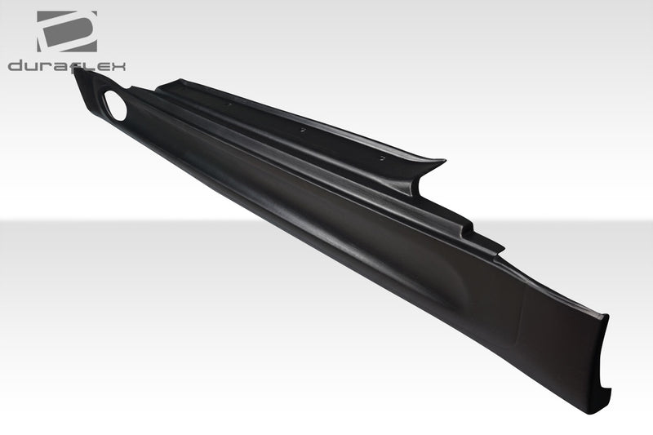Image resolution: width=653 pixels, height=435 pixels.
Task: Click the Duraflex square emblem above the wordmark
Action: [x=66, y=31]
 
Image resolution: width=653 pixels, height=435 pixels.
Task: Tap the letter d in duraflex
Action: [x=16, y=65]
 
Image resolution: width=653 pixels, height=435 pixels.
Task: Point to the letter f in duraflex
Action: [x=81, y=65]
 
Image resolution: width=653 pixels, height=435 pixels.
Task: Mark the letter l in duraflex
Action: [x=91, y=65]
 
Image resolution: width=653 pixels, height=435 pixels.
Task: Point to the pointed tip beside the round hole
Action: [x=77, y=72]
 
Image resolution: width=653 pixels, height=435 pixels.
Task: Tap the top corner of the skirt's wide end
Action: [x=607, y=316]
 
